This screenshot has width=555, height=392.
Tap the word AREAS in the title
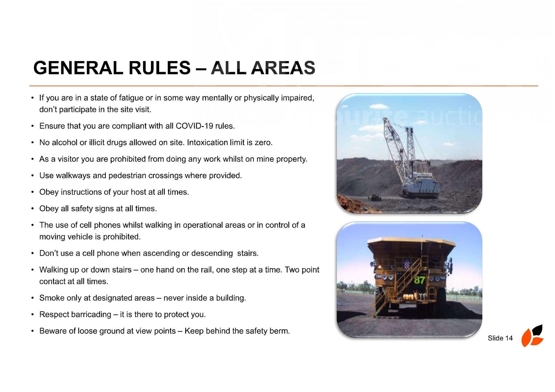point(283,68)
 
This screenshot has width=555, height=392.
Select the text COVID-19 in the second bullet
point(194,126)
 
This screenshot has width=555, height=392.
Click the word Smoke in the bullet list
point(50,298)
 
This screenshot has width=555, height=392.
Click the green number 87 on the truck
point(420,280)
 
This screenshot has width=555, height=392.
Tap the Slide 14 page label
point(500,338)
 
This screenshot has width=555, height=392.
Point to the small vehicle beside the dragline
point(374,197)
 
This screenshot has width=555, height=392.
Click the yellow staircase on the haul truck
point(401,285)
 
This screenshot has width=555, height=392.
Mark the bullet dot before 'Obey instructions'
point(33,192)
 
